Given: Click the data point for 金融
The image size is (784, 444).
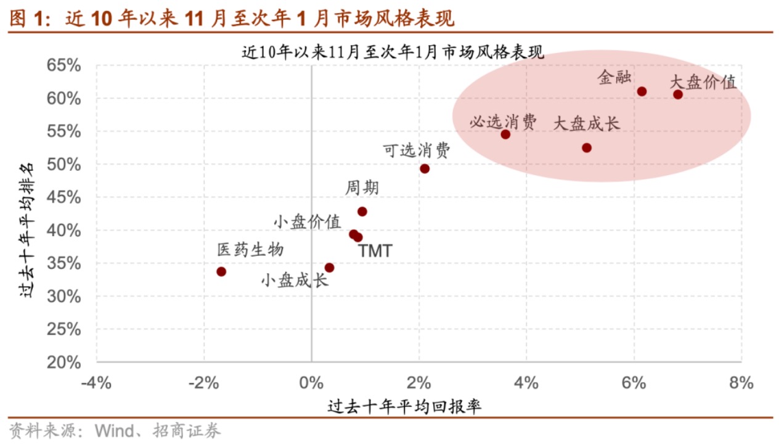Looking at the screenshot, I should click(642, 91).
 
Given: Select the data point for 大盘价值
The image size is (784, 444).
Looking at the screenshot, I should click(678, 94).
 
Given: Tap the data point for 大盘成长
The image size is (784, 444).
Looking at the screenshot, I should click(587, 148).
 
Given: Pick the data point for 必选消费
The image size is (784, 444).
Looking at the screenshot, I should click(505, 134).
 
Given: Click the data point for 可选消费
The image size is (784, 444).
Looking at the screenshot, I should click(425, 168).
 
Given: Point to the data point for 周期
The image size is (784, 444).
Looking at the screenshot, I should click(362, 212).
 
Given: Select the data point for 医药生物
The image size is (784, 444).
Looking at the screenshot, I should click(221, 271).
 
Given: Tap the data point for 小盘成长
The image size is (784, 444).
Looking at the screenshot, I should click(329, 268).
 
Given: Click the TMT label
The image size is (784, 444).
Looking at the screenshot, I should click(375, 251).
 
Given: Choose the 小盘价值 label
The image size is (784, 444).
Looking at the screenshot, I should click(307, 221).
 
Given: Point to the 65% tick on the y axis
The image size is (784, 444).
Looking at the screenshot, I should click(64, 65).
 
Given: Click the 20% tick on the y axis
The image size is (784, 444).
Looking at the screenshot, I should click(64, 362).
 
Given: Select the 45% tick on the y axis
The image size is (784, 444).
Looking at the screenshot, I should click(64, 197).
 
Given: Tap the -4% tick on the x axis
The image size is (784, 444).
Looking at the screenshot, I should click(97, 383).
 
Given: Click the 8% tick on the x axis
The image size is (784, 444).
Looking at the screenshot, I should click(741, 383).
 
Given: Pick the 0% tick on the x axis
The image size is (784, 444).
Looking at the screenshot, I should click(311, 383).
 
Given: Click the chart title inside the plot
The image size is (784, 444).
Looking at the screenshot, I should click(392, 52).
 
